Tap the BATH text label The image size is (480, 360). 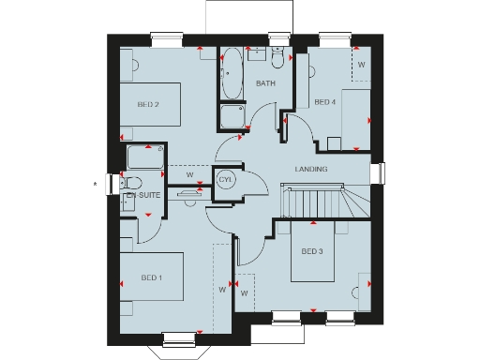point(265,84)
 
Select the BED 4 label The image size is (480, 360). point(324,101)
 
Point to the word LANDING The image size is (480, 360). point(310,169)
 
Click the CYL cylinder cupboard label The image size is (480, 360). point(225,179)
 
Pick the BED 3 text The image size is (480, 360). point(312,252)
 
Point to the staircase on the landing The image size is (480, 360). point(319,201)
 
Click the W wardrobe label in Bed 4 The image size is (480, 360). point(362,66)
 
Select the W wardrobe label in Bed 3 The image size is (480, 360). point(245,294)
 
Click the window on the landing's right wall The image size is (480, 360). point(381,173)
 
